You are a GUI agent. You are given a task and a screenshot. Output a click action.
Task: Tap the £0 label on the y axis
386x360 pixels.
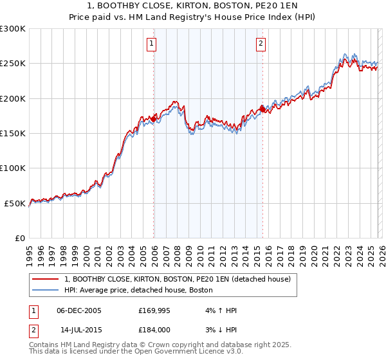click(21, 238)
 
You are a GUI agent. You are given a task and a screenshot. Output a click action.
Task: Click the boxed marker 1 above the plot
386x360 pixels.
click(151, 44)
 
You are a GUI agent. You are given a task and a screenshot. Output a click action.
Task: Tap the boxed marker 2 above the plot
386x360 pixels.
click(261, 44)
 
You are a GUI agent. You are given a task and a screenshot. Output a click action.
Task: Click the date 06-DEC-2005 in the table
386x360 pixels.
click(79, 310)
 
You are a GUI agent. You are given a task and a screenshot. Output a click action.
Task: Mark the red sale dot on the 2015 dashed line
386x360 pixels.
click(262, 107)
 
